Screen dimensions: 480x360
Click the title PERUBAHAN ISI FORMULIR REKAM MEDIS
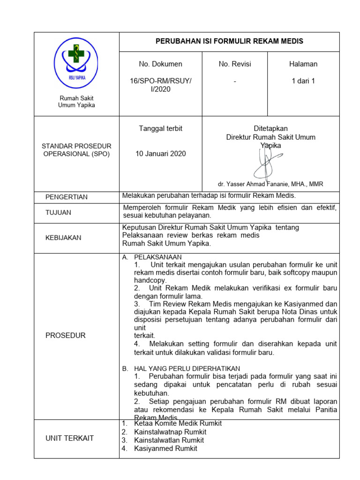coord(229,41)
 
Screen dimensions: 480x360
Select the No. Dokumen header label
coord(160,64)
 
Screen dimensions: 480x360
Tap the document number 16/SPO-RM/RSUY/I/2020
coord(160,85)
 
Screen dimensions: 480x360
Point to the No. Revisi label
coord(234,64)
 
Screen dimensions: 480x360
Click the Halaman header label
coord(303,64)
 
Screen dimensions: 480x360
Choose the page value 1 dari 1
coord(303,81)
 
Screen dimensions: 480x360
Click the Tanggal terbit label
coord(160,128)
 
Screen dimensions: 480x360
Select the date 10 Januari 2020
coord(160,153)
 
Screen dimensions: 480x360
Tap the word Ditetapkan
coord(270,128)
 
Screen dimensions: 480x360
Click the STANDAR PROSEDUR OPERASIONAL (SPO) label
coord(76,150)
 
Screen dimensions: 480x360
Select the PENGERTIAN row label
coord(66,197)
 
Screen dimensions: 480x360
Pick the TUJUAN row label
coord(58,212)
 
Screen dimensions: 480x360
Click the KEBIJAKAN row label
coord(63,238)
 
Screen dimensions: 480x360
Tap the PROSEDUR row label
coord(65,336)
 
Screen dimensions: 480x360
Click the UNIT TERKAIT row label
coord(69,438)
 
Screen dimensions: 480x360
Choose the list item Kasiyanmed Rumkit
coord(165,449)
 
